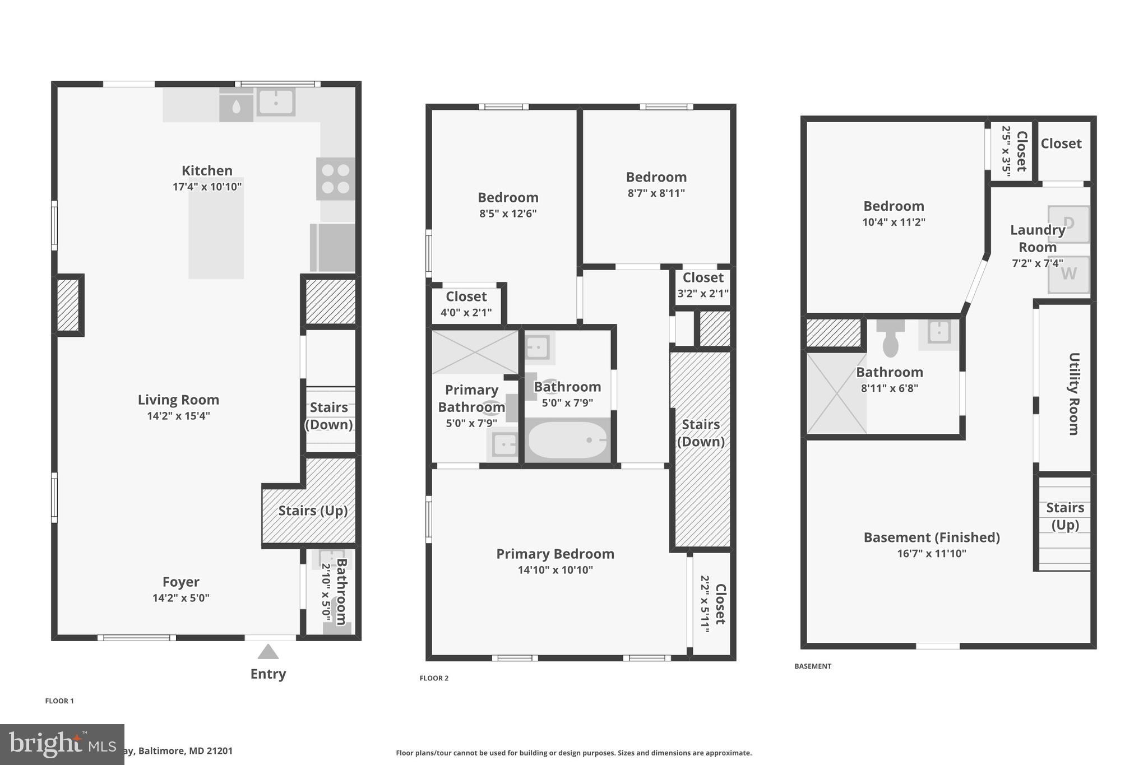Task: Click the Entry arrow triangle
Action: (x=268, y=652)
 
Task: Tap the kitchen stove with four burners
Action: (x=335, y=179)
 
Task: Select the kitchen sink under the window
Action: (x=276, y=102)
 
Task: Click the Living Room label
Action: (x=178, y=400)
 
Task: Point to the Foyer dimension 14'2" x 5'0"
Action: (x=180, y=598)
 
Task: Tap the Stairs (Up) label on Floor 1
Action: (x=313, y=511)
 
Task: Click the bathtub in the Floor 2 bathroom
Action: (x=567, y=440)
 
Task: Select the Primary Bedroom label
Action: (x=555, y=554)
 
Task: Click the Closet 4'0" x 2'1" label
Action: (x=466, y=296)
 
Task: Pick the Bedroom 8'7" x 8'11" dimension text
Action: (x=656, y=193)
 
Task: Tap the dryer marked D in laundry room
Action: (x=1068, y=224)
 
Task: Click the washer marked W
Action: (x=1068, y=274)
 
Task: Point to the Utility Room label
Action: (x=1073, y=393)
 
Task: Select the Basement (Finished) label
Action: (x=932, y=537)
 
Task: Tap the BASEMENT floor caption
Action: (x=812, y=666)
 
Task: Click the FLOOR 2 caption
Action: (x=434, y=678)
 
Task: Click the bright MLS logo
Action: (x=62, y=744)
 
